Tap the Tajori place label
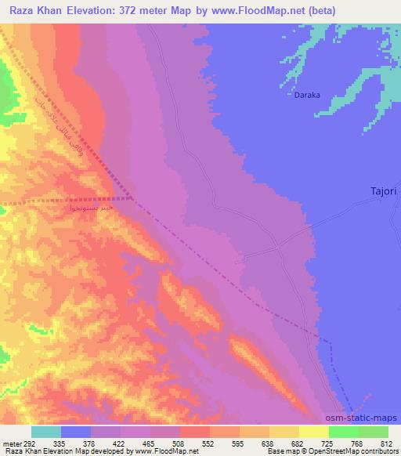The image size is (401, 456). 385,190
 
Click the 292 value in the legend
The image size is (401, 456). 31,443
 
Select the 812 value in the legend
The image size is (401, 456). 384,443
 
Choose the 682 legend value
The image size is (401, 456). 296,443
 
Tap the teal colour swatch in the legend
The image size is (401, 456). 46,432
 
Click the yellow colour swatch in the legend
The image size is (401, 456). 314,432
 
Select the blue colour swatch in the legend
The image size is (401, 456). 76,432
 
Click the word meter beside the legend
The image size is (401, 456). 11,443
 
